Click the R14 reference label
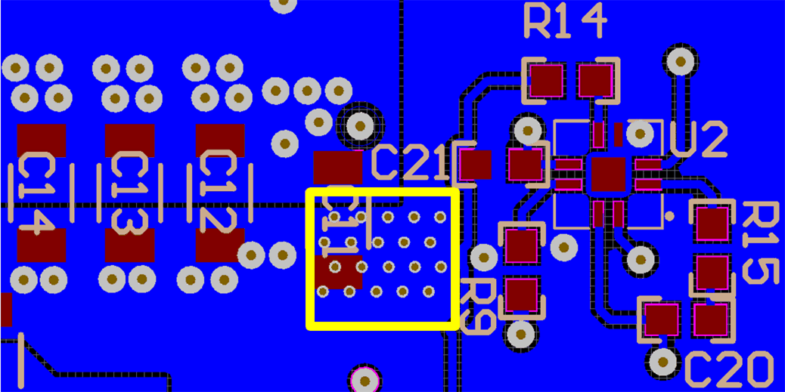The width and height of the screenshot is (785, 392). pyautogui.click(x=565, y=22)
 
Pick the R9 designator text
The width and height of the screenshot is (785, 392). pyautogui.click(x=477, y=307)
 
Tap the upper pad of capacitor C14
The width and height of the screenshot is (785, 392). pyautogui.click(x=42, y=140)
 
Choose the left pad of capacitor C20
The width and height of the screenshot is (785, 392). pyautogui.click(x=662, y=319)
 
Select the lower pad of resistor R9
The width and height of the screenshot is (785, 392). pyautogui.click(x=521, y=295)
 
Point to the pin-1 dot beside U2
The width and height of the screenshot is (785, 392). pyautogui.click(x=669, y=217)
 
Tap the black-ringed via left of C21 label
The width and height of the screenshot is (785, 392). pyautogui.click(x=360, y=125)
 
